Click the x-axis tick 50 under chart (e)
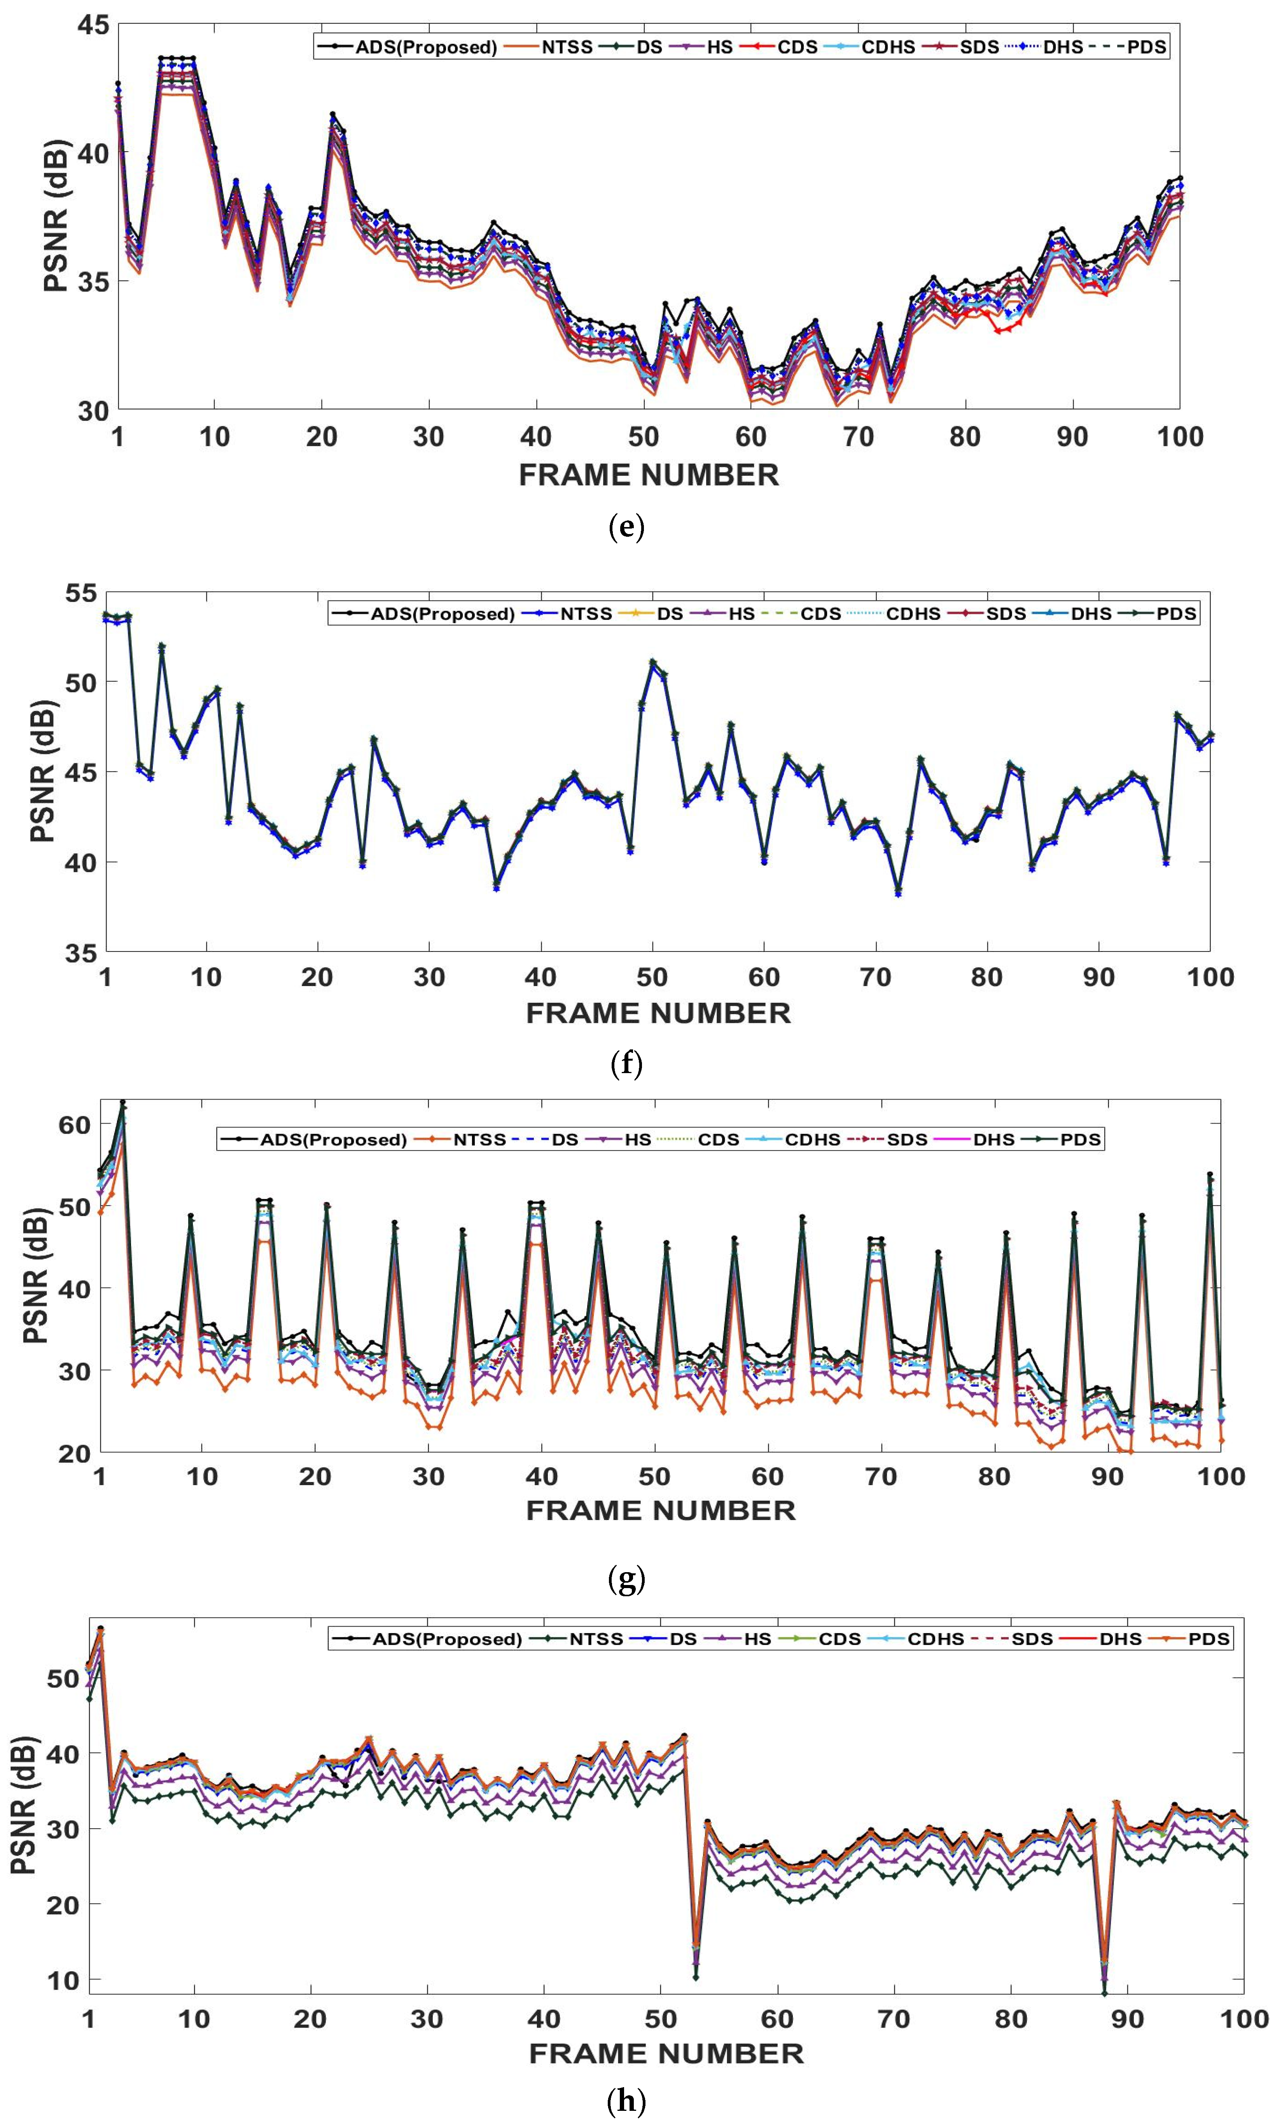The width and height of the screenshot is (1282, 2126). pos(643,436)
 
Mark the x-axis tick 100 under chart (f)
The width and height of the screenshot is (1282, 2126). pos(1210,977)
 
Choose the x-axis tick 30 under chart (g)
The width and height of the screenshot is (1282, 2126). pos(428,1476)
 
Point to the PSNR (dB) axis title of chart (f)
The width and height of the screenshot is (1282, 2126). pos(43,770)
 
